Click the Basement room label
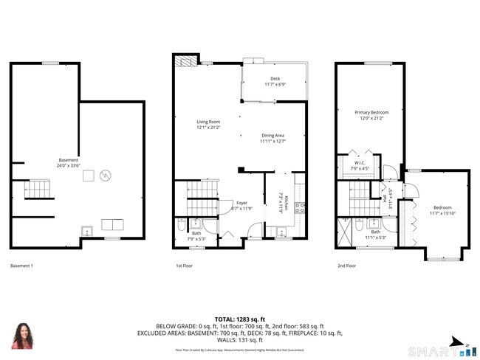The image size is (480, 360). coord(69,163)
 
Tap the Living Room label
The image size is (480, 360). coord(208,125)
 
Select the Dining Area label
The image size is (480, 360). coord(272,138)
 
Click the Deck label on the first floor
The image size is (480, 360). coord(275,82)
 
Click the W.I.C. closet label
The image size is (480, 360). coord(360,165)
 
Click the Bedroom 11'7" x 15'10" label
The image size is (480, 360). coord(443,210)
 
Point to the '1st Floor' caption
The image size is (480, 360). coord(184,266)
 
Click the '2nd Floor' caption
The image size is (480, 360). coord(346,266)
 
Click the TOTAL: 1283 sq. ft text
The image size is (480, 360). coord(240,317)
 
